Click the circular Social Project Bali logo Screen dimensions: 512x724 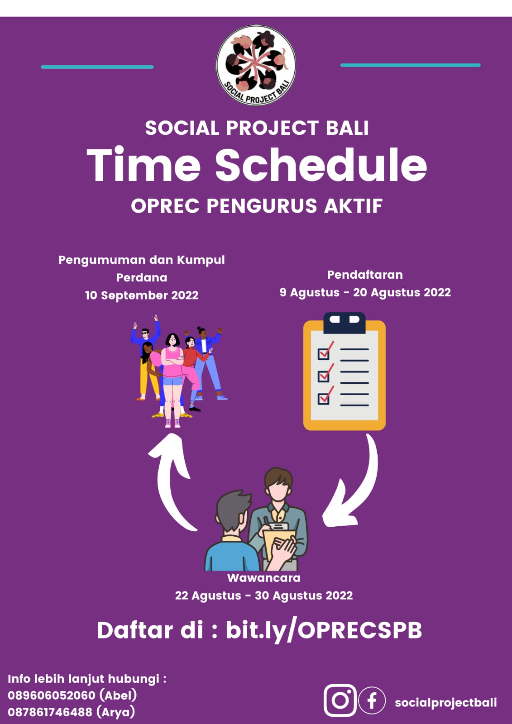coord(255,65)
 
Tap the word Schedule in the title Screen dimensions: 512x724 coord(321,165)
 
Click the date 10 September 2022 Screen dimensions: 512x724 coord(142,295)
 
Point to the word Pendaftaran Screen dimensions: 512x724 coord(365,275)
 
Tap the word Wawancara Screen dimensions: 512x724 coord(263,577)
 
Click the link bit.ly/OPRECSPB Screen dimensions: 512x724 coord(324,630)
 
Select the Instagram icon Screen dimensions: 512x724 coord(340,700)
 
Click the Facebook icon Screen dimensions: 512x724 coord(372,700)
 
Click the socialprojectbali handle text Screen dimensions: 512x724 coord(446,702)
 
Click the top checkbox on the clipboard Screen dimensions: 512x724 coord(324,353)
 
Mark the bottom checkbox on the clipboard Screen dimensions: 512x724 coord(324,398)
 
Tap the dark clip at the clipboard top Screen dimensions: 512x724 coord(345,323)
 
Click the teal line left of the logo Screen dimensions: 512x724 coord(97,67)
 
